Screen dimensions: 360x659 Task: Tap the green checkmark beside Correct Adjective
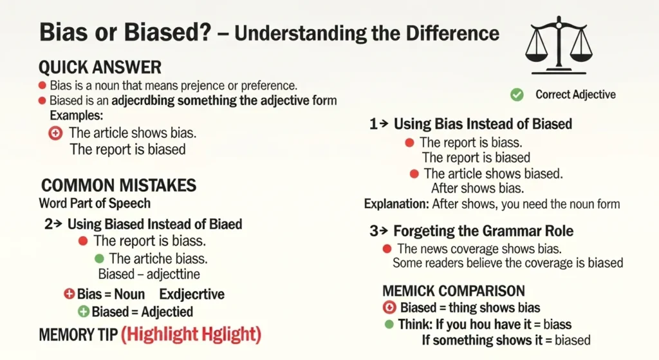[x=516, y=95]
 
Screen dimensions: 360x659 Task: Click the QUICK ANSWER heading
[x=100, y=67]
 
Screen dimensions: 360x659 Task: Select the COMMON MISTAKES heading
[x=118, y=186]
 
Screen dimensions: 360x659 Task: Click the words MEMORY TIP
[x=78, y=336]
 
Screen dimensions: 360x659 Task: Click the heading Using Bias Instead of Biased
[x=483, y=124]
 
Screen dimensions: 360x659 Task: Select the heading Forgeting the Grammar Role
[x=483, y=231]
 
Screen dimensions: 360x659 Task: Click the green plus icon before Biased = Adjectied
[x=83, y=312]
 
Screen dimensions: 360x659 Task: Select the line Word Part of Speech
[x=95, y=204]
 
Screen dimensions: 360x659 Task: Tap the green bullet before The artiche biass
[x=98, y=258]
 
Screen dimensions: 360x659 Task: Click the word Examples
[x=77, y=116]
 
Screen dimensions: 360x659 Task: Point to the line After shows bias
[x=478, y=189]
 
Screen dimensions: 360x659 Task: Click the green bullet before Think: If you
[x=389, y=324]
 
